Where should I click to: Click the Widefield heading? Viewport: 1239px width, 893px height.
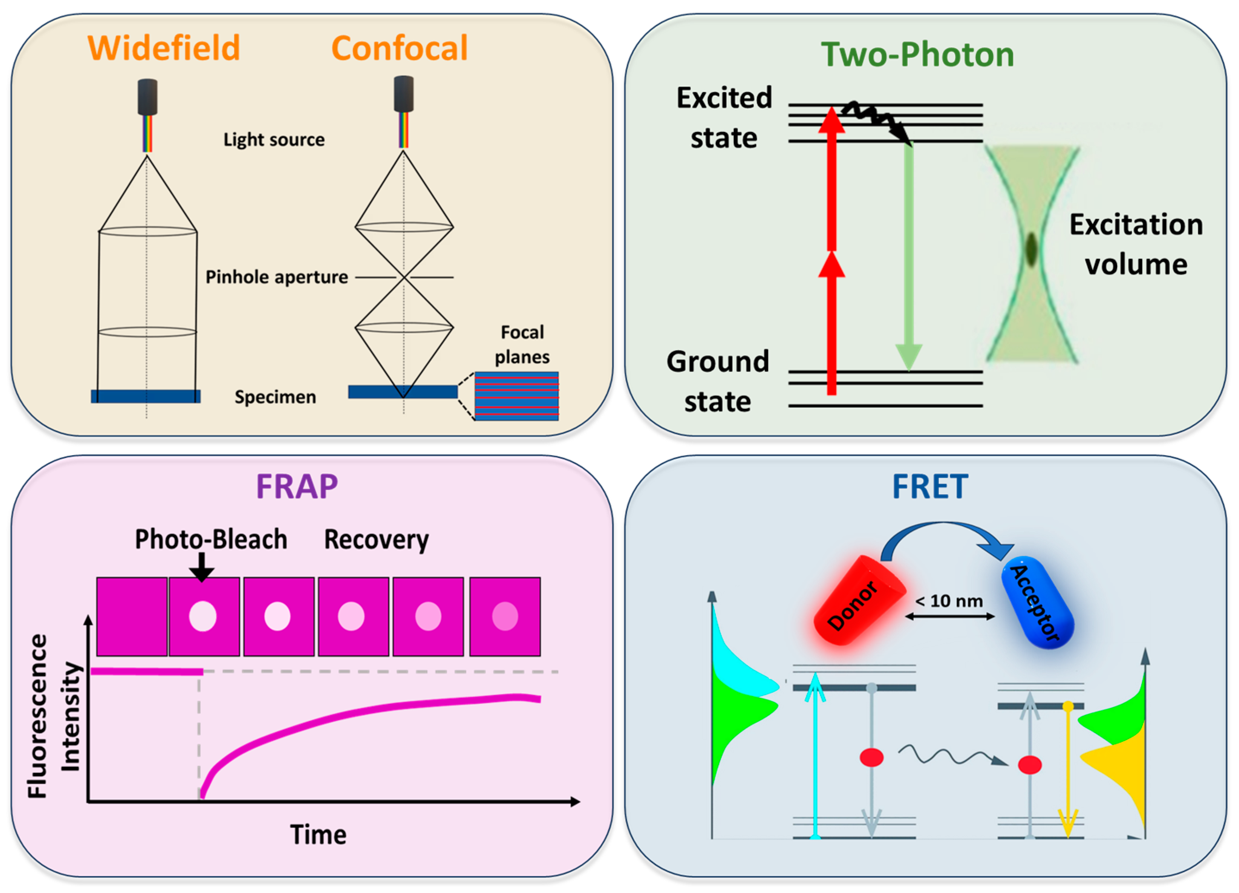point(164,48)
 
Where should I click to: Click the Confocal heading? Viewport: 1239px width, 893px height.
point(399,48)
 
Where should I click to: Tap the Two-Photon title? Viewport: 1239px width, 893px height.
point(917,55)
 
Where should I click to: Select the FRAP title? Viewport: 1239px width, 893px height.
point(297,486)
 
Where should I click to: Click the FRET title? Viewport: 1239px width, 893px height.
point(930,486)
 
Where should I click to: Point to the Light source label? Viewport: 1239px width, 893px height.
point(274,140)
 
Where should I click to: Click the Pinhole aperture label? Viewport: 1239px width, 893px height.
point(276,277)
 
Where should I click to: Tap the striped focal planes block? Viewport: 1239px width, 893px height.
point(516,396)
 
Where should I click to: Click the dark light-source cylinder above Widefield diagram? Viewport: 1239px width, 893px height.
point(147,97)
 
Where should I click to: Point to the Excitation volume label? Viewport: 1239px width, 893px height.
point(1136,244)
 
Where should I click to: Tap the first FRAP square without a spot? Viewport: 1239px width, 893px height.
point(132,616)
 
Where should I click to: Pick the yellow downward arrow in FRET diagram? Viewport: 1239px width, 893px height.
point(1068,771)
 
